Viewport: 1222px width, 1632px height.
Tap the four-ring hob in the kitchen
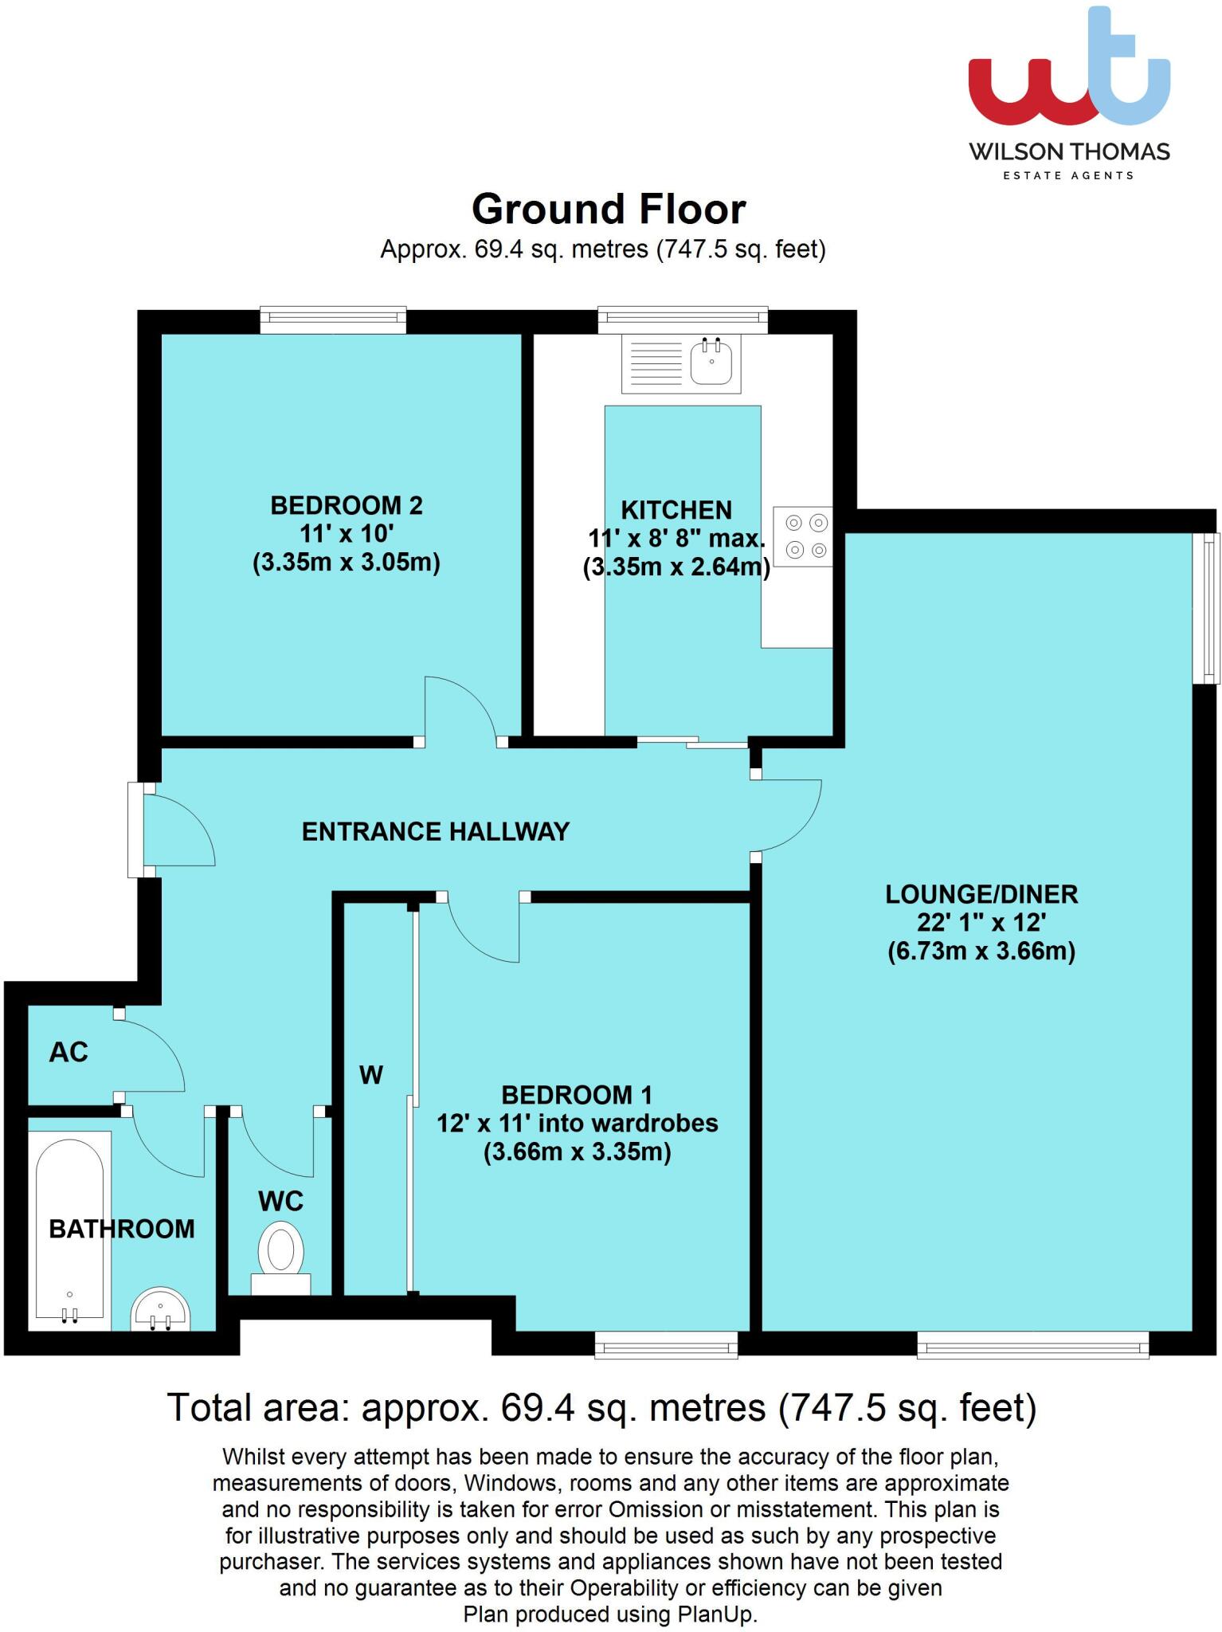click(803, 536)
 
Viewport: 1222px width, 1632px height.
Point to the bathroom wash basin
click(160, 1312)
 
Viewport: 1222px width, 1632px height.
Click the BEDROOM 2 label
click(347, 505)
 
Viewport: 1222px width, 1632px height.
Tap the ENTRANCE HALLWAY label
click(436, 832)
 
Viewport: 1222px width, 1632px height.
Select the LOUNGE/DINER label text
click(981, 894)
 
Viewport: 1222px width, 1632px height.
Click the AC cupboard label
click(69, 1053)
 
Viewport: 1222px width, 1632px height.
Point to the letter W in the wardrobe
click(371, 1075)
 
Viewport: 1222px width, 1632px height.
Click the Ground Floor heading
click(609, 210)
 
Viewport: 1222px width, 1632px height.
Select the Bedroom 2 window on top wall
click(333, 320)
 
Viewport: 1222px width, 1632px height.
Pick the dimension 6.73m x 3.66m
click(981, 951)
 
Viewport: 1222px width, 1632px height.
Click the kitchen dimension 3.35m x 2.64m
click(676, 568)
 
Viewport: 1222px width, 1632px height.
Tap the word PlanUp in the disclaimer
click(715, 1614)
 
